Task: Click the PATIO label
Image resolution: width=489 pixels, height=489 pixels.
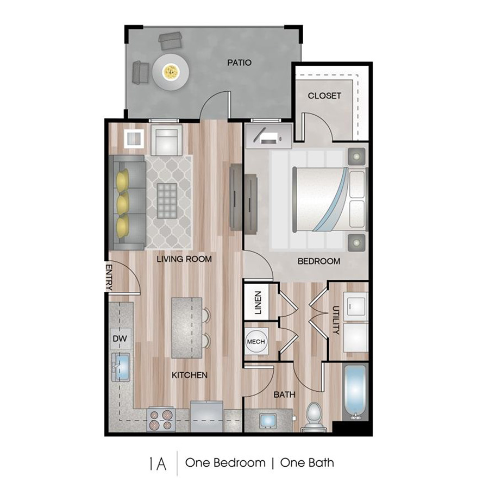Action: tap(240, 62)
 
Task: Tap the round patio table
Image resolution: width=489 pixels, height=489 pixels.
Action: tap(171, 72)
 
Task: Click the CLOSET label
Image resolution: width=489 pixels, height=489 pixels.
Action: tap(324, 96)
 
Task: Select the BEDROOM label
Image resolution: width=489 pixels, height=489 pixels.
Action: tap(319, 261)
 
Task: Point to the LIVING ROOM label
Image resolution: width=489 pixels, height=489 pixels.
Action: tap(184, 259)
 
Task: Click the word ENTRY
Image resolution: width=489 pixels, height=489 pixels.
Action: tap(109, 277)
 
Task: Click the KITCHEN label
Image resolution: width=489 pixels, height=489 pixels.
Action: tap(190, 375)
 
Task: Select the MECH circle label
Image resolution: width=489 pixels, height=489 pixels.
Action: tap(256, 342)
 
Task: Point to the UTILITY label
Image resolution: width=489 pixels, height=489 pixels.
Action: tap(336, 321)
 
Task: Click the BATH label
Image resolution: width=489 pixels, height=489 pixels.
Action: tap(284, 394)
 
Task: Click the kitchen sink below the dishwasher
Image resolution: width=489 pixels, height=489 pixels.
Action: tap(121, 367)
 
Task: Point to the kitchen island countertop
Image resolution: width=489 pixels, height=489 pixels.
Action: tap(186, 328)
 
